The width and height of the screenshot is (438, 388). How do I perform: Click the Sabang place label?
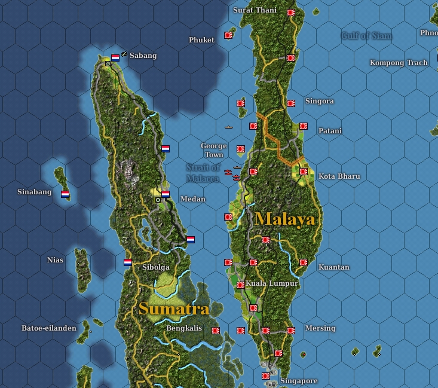143,56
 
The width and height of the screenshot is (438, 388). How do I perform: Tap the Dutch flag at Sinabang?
65,194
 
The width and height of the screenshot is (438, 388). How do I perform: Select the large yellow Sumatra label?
174,309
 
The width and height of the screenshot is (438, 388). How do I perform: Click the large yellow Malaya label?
284,219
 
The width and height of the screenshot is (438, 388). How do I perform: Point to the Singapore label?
299,381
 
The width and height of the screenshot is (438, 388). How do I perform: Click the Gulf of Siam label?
366,36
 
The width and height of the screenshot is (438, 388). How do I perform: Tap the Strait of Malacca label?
203,173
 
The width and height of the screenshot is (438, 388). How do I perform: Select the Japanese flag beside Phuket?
228,35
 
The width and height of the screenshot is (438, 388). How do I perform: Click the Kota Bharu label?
339,176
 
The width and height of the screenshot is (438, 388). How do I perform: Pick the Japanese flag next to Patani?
304,126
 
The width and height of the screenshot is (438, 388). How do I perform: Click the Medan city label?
192,199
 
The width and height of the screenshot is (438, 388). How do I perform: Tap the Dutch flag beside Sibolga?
128,262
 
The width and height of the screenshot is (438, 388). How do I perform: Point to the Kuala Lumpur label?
271,283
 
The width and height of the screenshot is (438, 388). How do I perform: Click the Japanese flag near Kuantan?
304,262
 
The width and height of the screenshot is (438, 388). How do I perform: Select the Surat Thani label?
255,10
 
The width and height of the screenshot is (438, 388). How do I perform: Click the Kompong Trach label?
399,63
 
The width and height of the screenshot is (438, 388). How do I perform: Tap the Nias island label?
55,260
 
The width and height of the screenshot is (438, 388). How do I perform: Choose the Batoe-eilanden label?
49,328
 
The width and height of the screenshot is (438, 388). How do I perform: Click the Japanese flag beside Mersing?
291,330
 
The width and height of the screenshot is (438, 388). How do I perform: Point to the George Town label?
213,150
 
